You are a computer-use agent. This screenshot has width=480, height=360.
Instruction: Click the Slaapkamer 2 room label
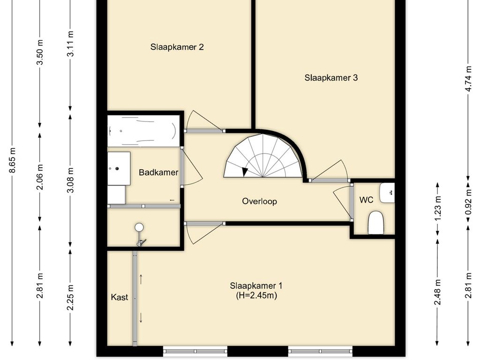click(177, 47)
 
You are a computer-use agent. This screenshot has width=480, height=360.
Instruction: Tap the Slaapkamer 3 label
click(331, 78)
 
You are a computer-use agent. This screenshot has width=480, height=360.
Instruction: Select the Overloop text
click(259, 202)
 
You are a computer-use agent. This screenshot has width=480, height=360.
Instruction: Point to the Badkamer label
click(158, 172)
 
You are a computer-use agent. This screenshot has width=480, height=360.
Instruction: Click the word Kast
click(120, 297)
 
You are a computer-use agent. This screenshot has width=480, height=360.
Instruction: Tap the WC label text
click(366, 200)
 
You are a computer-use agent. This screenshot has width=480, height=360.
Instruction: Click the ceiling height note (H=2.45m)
click(256, 296)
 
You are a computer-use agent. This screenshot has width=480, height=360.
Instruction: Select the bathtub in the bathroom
click(143, 129)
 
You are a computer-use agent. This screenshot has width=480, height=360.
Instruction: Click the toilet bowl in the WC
click(376, 222)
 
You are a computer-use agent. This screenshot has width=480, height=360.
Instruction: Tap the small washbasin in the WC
click(387, 193)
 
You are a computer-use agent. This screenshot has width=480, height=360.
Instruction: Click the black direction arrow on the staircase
click(245, 172)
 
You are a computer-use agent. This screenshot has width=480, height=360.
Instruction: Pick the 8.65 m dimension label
click(12, 160)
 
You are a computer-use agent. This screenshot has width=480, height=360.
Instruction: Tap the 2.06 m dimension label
click(40, 177)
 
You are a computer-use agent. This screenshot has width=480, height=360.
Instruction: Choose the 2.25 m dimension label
click(70, 297)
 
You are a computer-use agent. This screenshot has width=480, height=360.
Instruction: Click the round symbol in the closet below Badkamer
click(139, 227)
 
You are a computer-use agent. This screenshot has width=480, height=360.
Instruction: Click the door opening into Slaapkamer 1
click(202, 232)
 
